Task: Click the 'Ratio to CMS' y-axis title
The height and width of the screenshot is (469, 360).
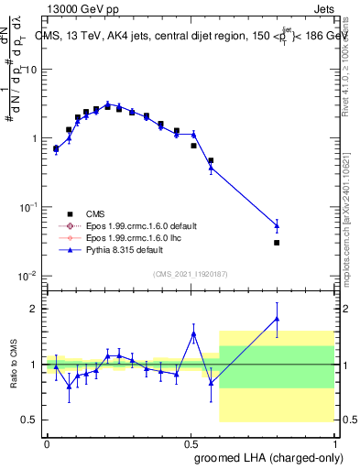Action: [x=13, y=364]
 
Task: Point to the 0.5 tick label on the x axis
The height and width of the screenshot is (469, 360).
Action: [x=191, y=442]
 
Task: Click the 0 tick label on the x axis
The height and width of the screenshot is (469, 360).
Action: [x=47, y=442]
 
